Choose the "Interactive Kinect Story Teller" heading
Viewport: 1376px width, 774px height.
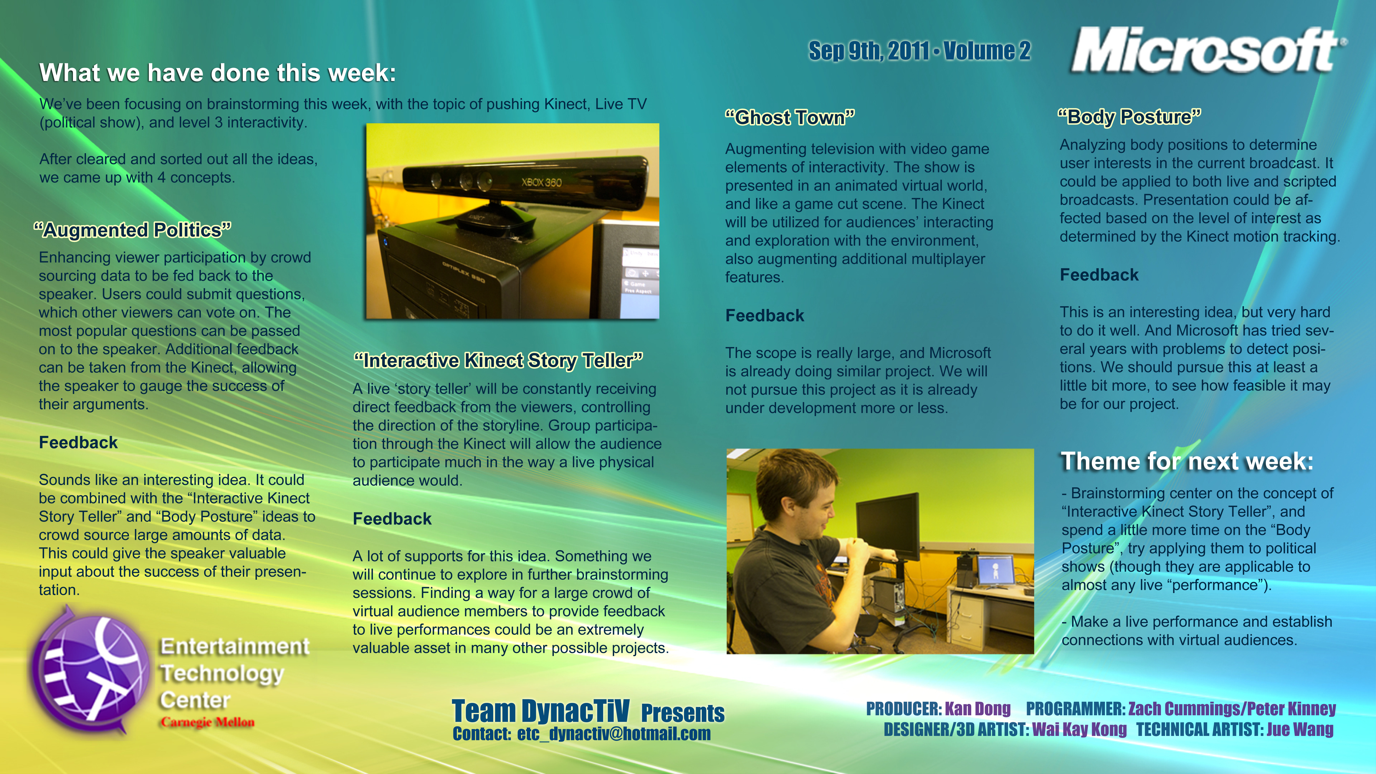coord(498,361)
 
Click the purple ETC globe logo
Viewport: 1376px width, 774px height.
coord(88,670)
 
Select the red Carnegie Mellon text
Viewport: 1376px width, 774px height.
coord(208,722)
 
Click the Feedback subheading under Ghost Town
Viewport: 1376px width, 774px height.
coord(764,316)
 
